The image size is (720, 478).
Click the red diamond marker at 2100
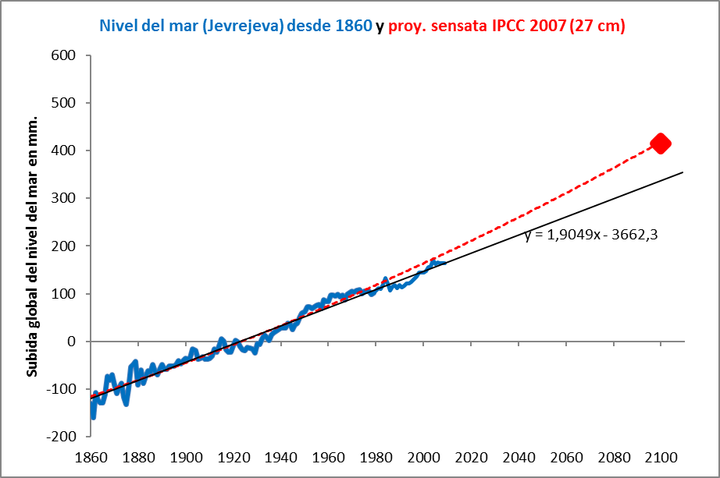[661, 143]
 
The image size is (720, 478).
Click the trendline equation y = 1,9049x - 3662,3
[590, 234]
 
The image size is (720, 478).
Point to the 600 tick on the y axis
[64, 55]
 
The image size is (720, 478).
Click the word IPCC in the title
[507, 26]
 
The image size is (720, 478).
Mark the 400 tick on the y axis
[64, 150]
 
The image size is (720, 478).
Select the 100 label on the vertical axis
[64, 294]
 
